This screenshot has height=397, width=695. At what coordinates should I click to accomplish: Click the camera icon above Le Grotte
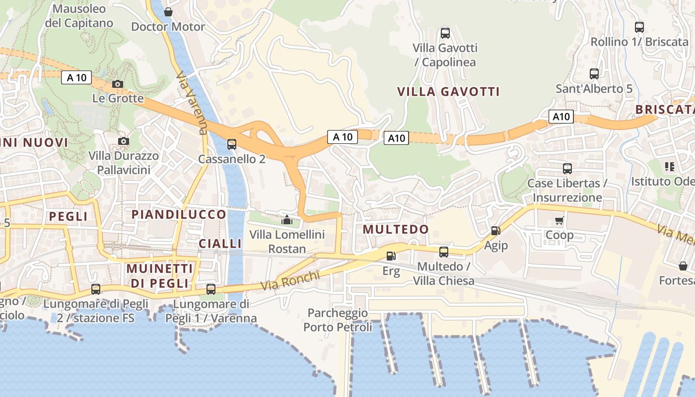coord(118,84)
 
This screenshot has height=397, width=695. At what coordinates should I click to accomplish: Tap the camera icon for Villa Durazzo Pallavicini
coord(124,141)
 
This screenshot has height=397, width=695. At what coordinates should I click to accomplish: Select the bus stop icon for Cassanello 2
coord(232,144)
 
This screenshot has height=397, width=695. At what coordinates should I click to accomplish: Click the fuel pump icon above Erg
coord(391,256)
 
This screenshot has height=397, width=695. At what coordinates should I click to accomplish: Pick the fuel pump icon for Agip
coord(495,231)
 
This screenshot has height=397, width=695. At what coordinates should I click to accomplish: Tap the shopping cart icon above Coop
coord(559,220)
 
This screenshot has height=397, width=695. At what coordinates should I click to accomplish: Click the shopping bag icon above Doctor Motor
coord(168,12)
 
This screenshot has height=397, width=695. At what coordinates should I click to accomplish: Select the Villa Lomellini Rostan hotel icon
coord(287,219)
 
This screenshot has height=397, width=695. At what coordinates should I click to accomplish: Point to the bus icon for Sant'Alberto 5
coord(594,74)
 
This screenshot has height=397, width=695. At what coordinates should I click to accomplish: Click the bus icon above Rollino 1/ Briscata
coord(639,27)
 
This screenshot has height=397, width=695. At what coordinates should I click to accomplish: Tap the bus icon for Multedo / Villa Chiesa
coord(444,252)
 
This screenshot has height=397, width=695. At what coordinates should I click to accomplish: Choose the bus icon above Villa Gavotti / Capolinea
coord(445,33)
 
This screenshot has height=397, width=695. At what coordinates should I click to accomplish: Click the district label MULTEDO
coord(396,229)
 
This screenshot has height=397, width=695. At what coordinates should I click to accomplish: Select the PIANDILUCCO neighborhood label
coord(179,214)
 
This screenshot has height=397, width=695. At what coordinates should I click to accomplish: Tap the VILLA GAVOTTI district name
coord(448,92)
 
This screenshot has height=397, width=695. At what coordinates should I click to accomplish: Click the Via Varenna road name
coord(192,103)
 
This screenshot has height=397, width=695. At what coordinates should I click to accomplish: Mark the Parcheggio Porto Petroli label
coord(338,320)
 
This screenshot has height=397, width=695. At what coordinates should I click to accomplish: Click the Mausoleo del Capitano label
coord(79,16)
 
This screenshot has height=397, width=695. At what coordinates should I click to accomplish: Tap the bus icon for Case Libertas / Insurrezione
coord(567,169)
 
